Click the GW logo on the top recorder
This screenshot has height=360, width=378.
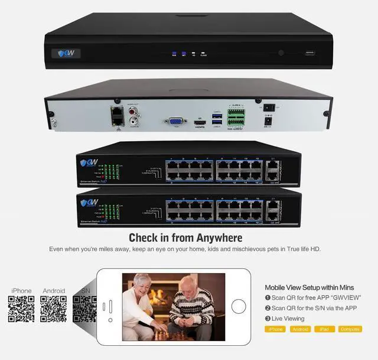coord(70,53)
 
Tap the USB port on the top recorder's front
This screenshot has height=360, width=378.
coord(310,53)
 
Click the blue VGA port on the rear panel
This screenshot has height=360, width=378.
coord(175,122)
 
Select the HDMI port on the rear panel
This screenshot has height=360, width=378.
coord(199,122)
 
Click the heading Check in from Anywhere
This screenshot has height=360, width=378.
coord(185,238)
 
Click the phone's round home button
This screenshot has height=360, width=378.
coord(239,306)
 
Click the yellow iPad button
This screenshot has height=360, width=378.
coord(321,329)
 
